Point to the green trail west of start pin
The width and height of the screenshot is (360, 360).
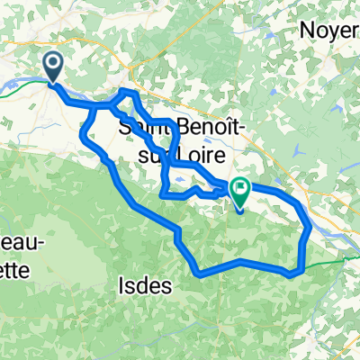27,83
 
